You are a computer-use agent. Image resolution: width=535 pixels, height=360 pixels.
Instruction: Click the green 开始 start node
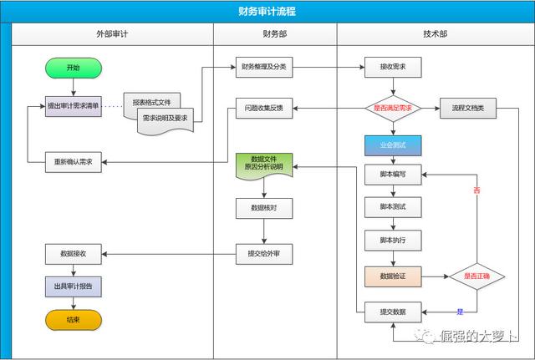coord(74,68)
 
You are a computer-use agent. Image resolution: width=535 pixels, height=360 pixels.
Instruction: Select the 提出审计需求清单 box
coord(74,107)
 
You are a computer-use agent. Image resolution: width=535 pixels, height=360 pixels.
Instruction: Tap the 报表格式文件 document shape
coord(151,102)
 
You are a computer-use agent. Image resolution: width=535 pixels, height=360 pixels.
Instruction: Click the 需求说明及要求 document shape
coord(165,119)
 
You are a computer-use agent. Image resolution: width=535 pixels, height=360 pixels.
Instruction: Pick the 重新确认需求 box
coord(74,162)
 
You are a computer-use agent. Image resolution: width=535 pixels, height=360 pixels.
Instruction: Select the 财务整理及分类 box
coord(264,68)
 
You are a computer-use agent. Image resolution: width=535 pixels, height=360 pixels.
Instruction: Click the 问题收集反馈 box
coord(264,108)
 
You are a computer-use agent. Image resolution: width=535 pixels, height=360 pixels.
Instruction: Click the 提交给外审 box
coord(264,253)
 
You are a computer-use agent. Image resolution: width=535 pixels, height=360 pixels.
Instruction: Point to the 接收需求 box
coord(393,68)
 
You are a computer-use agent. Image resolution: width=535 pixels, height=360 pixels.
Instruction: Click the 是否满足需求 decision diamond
coord(393,108)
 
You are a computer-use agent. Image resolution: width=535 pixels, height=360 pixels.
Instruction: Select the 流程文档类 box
coord(468,108)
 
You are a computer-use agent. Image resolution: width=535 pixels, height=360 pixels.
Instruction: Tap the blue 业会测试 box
coord(393,145)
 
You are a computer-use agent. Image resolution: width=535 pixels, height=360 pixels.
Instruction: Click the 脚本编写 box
coord(393,175)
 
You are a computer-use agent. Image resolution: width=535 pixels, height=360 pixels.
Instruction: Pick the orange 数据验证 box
coord(393,275)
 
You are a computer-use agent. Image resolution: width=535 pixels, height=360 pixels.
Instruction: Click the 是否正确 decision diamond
coord(477,275)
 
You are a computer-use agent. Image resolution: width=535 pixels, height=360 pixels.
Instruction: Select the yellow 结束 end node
coord(74,320)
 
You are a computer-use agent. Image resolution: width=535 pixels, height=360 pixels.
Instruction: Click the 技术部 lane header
coord(435,34)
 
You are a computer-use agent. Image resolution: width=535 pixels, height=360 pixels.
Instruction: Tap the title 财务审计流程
coord(267,12)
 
